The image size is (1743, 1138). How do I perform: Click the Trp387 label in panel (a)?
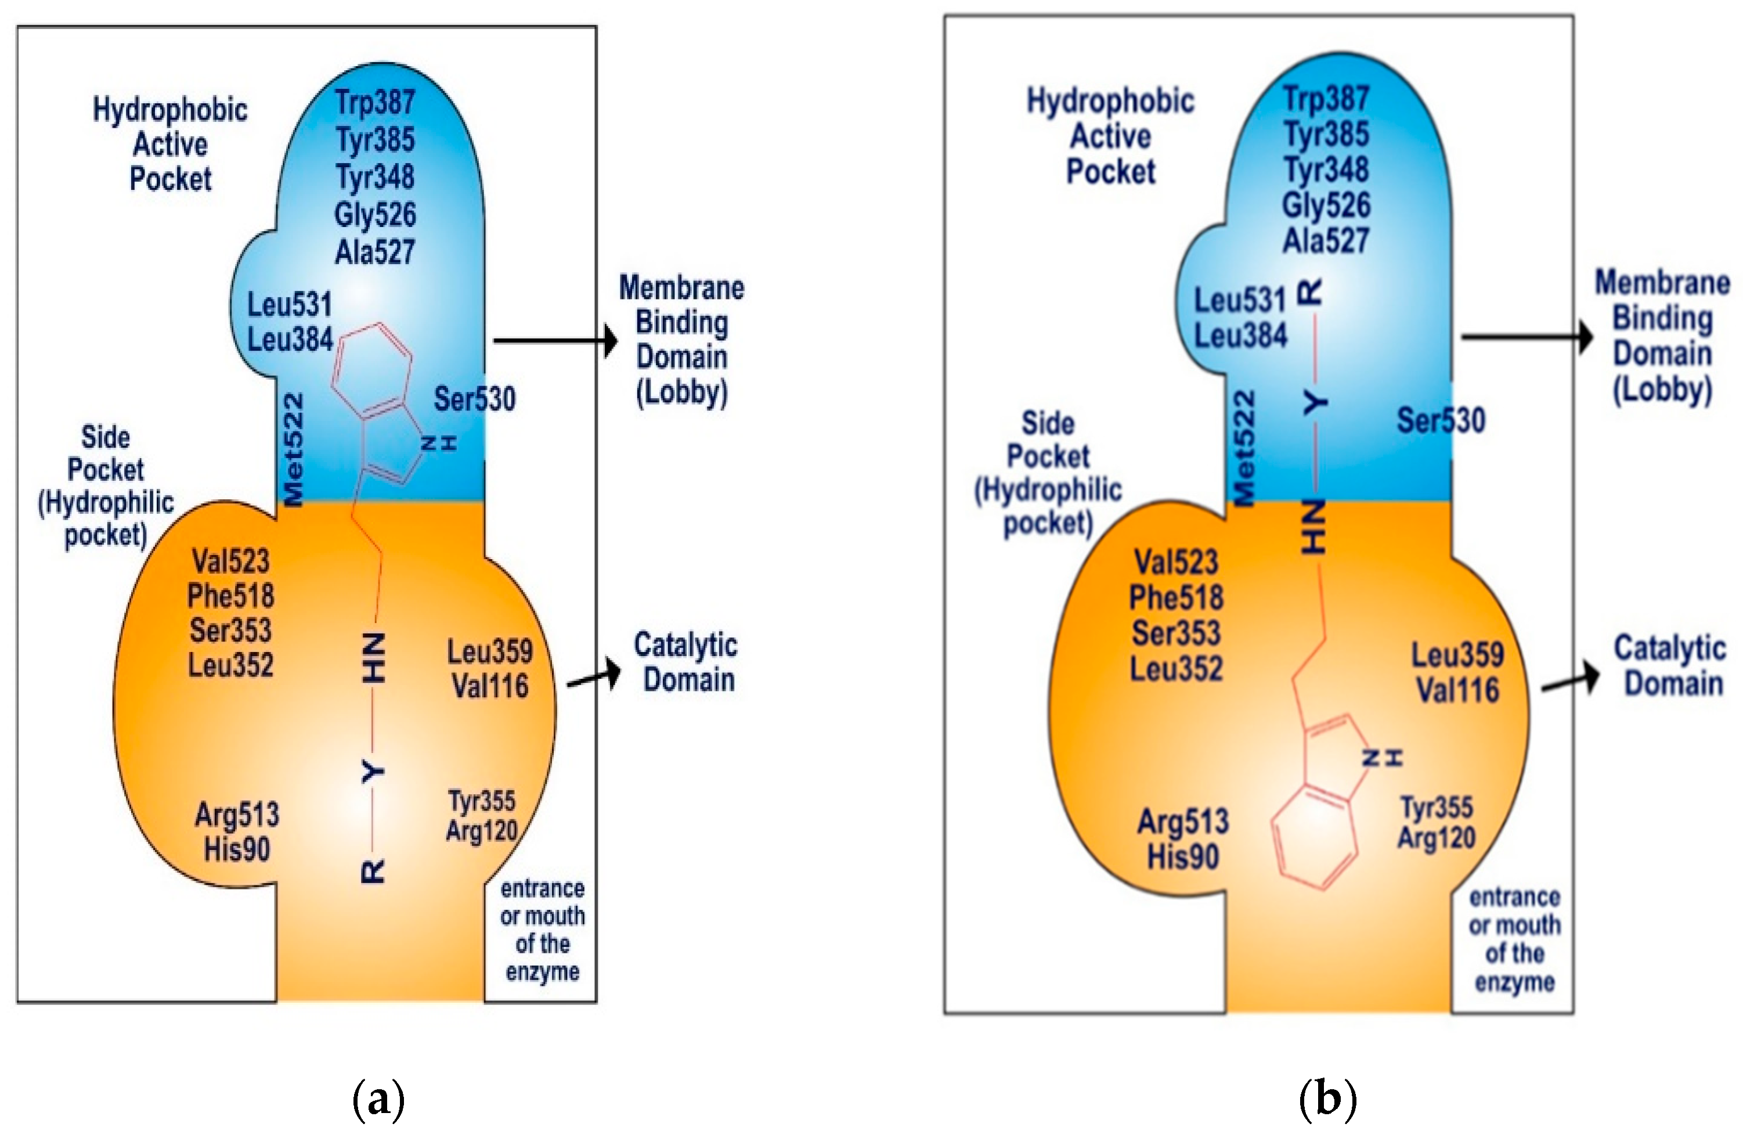(x=375, y=103)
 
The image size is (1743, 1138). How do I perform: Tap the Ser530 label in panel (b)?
(x=1441, y=420)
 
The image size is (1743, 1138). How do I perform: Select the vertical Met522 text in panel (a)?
(x=294, y=450)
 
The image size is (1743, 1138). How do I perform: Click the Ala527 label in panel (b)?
(x=1326, y=240)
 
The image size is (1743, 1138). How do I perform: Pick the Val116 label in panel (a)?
(x=490, y=687)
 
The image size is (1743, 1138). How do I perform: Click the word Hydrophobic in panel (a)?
(x=170, y=110)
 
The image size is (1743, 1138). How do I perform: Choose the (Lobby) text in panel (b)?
(x=1662, y=390)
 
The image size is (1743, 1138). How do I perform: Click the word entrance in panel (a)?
(x=542, y=889)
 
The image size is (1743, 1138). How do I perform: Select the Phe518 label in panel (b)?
(x=1175, y=598)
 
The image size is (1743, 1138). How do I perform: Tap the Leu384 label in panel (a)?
(x=290, y=339)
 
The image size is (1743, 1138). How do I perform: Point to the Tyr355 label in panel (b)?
(x=1436, y=808)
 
